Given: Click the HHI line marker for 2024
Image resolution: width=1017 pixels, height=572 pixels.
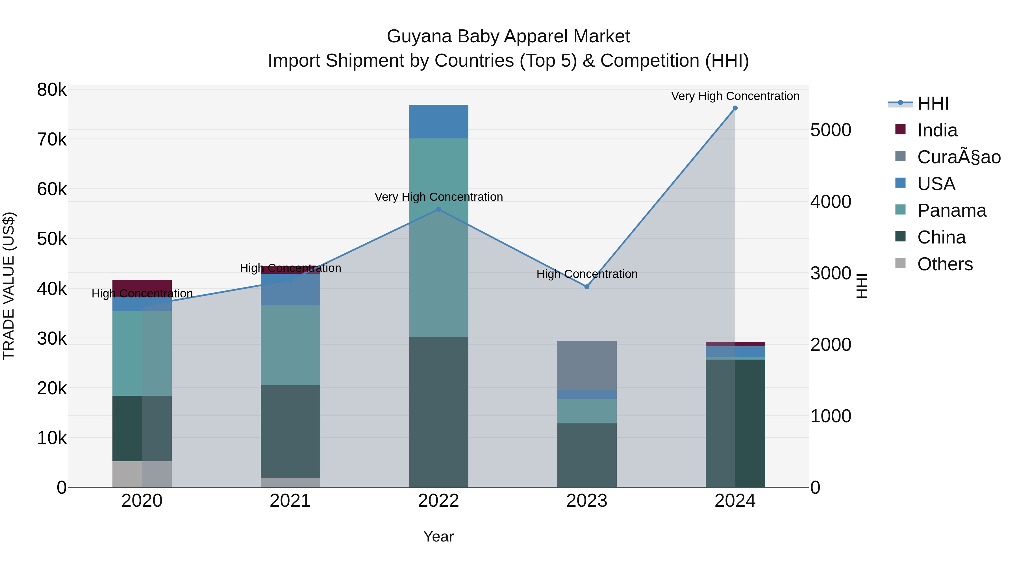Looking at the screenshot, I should point(735,108).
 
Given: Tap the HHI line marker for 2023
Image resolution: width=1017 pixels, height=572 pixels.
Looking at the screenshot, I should point(587,287).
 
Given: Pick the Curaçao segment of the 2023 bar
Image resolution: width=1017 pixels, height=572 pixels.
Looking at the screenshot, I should point(587,365).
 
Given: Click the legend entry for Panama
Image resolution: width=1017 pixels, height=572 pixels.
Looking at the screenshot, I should point(951,210).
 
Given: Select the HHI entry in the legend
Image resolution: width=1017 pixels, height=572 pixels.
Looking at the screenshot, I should point(933,103).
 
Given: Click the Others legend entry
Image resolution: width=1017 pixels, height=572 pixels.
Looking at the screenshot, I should point(945,264).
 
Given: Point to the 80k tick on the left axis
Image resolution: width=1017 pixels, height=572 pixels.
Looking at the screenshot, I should point(52,90).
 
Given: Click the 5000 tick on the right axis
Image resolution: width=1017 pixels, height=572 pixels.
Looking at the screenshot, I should point(831,130).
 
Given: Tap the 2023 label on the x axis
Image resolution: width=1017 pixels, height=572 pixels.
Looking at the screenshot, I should point(587,501).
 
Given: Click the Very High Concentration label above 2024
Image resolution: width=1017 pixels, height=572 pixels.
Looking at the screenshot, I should point(735,96).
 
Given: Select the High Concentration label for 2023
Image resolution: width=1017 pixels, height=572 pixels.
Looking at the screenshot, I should point(587,274).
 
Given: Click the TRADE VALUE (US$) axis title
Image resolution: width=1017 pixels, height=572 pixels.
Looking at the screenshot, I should point(9,286).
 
